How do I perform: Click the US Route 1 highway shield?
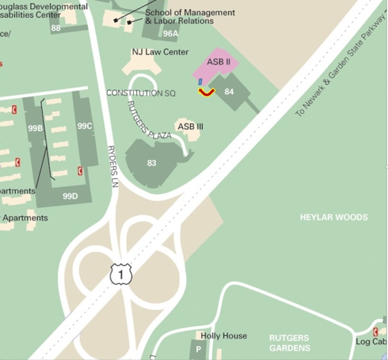121,274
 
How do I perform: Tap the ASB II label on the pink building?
218,62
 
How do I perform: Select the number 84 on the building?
229,92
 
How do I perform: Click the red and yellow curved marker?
207,92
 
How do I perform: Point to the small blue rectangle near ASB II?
200,82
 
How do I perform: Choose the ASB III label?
190,127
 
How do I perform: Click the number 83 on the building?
152,163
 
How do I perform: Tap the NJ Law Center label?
160,52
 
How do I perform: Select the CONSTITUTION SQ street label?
141,93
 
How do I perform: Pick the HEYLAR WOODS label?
334,217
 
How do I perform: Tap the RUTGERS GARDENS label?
289,342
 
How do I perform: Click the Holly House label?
224,336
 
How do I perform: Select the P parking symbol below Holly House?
197,349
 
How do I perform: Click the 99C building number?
84,126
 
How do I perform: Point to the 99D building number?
70,196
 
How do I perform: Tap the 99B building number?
35,128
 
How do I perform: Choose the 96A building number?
171,33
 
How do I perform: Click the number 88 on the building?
56,28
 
